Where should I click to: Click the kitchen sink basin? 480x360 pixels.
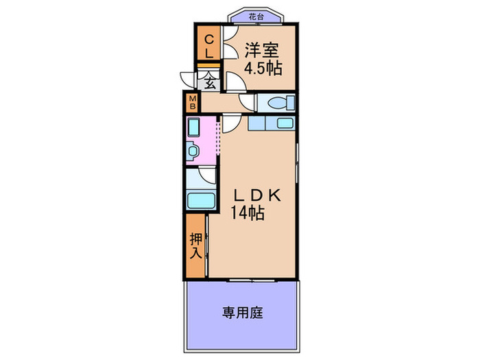click(283, 124)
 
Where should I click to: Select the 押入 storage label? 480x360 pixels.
click(196, 245)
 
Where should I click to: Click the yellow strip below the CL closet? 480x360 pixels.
click(208, 64)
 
